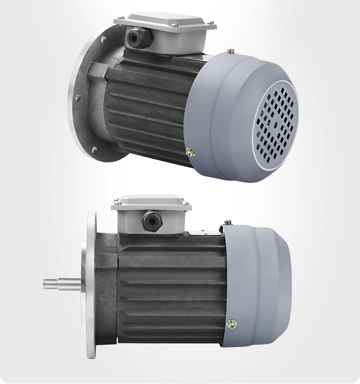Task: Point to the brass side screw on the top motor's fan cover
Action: [191, 152]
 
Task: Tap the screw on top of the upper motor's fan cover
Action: [231, 50]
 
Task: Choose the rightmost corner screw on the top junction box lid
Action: [210, 22]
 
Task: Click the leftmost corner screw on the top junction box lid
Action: [120, 17]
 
